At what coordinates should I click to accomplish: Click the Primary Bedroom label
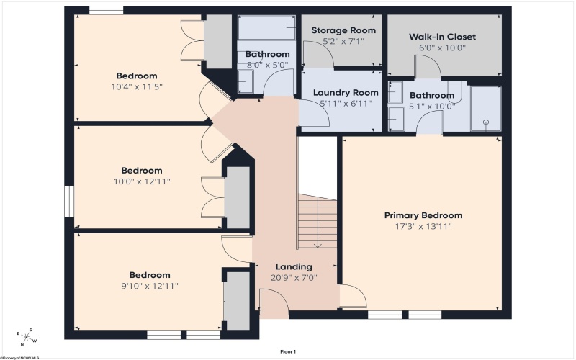[x=423, y=215]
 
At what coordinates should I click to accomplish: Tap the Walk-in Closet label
[x=442, y=37]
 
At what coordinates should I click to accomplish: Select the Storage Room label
[x=343, y=30]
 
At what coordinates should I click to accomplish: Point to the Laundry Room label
[x=346, y=93]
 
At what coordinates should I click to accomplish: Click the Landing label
[x=294, y=266]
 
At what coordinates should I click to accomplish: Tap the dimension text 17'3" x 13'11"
[x=423, y=226]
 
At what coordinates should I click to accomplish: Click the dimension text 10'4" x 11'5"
[x=137, y=87]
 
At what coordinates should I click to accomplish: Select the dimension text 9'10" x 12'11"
[x=150, y=286]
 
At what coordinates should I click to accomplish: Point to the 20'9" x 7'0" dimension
[x=294, y=278]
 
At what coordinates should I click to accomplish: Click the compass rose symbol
[x=26, y=337]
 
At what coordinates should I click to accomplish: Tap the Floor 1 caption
[x=288, y=351]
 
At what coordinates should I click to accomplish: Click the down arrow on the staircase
[x=318, y=244]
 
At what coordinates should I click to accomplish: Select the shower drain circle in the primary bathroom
[x=486, y=122]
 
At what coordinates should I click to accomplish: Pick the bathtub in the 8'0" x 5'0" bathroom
[x=266, y=27]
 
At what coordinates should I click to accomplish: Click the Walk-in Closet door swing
[x=427, y=66]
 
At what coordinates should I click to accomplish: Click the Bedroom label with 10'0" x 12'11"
[x=142, y=171]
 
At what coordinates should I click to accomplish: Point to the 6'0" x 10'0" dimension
[x=442, y=48]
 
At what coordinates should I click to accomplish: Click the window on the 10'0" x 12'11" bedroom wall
[x=69, y=202]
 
